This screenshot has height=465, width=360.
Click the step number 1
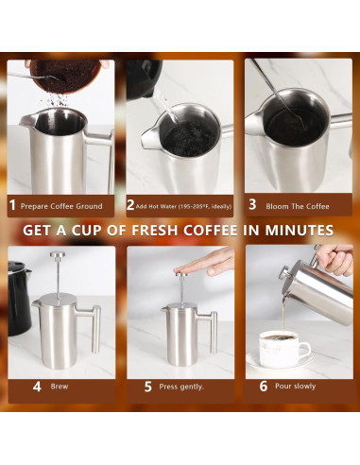pos(12,204)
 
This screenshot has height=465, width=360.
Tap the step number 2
pos(131,204)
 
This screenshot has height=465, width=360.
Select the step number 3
pos(253,204)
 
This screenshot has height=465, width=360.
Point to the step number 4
pos(37,387)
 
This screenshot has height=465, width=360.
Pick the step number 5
pos(148,387)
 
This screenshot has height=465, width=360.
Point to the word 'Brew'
pos(60,387)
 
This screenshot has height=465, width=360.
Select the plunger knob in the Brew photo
pos(56,257)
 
